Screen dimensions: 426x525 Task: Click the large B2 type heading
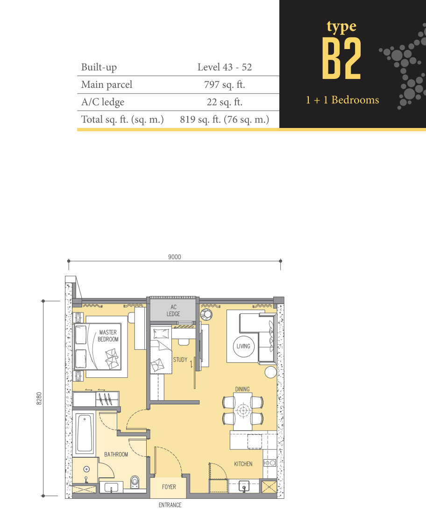click(341, 58)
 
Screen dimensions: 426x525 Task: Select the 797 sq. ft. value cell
click(224, 85)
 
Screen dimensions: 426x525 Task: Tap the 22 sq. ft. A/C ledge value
click(224, 102)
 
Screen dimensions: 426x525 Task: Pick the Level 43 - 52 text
click(224, 67)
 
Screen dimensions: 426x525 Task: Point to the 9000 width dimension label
click(175, 257)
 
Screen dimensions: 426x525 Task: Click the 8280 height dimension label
click(39, 398)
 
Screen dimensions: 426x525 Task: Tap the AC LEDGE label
click(173, 311)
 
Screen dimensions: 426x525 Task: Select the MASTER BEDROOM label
click(108, 335)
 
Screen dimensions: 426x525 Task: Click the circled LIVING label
click(243, 346)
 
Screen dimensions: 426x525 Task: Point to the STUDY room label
click(180, 360)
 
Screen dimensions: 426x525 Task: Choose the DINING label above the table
click(242, 389)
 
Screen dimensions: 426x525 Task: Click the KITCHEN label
click(243, 464)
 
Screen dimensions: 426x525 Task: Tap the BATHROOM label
click(116, 454)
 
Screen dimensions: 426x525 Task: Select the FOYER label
click(169, 487)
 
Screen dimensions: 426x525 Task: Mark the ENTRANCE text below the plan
click(170, 505)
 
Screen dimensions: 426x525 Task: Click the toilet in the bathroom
click(135, 482)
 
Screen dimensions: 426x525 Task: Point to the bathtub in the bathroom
click(85, 433)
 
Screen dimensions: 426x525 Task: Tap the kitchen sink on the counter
click(244, 486)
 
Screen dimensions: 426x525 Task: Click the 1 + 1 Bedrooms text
click(342, 100)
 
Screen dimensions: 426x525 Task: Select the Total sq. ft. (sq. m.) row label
click(122, 120)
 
